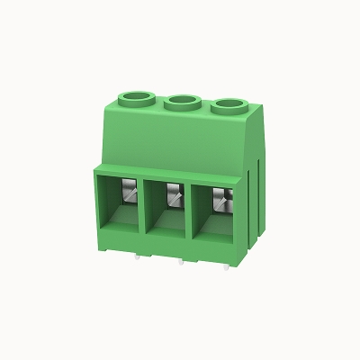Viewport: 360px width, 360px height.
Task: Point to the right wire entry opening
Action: (x=212, y=216)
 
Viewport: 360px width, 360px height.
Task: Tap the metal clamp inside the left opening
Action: (x=129, y=192)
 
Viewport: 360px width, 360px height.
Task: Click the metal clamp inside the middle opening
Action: (x=174, y=194)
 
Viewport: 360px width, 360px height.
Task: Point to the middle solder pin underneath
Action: (x=182, y=262)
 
